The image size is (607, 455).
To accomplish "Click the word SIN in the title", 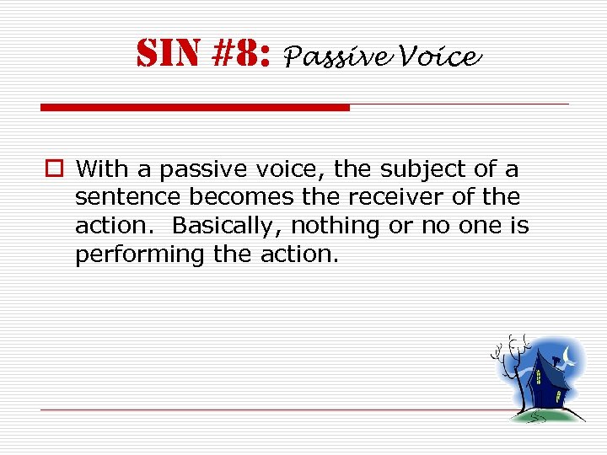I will click(165, 56).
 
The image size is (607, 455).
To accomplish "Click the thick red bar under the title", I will click(195, 108).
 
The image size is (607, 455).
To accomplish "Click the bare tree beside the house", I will click(508, 371).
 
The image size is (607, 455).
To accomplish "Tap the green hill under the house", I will click(548, 414).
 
